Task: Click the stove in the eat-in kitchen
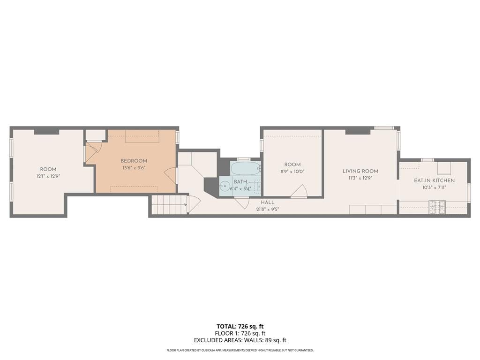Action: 437,207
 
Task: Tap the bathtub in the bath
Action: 245,169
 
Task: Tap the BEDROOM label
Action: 134,161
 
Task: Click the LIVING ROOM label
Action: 360,171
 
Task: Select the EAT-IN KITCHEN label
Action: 434,180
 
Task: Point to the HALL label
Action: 268,202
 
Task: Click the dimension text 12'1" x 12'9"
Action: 48,176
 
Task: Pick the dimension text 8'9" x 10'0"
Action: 292,172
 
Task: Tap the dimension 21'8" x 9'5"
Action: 268,209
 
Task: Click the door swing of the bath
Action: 242,202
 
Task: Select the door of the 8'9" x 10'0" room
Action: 299,192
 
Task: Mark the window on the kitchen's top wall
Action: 427,160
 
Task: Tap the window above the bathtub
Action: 243,159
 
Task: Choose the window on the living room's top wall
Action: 384,127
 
